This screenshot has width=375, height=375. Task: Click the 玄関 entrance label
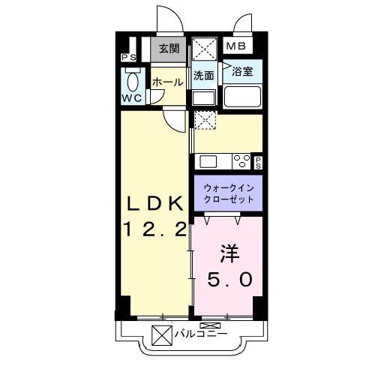click(169, 49)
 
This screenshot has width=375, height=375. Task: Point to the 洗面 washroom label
click(204, 76)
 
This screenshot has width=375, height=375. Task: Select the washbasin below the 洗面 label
click(203, 97)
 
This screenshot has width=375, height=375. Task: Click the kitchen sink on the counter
click(207, 160)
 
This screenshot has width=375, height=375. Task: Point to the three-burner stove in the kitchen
click(241, 160)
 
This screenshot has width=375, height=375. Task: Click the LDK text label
click(153, 204)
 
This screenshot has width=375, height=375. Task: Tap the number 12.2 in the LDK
click(153, 230)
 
